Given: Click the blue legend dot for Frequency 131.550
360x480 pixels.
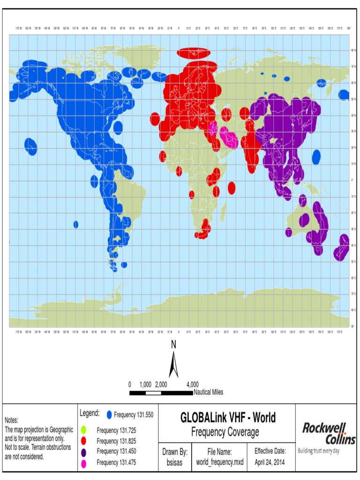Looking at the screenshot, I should tap(109, 415).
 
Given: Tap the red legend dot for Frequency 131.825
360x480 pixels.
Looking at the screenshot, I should tap(83, 441).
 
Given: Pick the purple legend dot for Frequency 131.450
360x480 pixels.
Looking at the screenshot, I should tap(83, 452).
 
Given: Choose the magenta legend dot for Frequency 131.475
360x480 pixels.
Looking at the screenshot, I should tap(83, 464).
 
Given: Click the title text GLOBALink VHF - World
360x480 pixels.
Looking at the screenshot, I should tap(228, 418).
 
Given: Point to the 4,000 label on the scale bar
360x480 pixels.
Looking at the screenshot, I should tap(192, 384).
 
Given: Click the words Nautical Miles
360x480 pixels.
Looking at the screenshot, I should tap(208, 392).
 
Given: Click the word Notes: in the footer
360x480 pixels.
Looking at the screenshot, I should tap(12, 420).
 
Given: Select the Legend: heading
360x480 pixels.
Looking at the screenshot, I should tap(90, 413).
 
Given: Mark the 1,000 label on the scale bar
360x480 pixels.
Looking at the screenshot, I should tap(146, 384).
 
